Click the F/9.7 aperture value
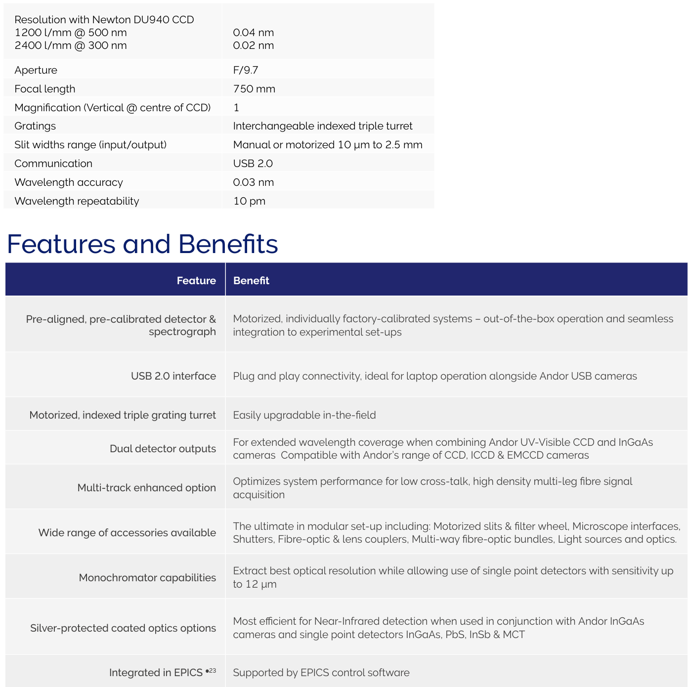(x=246, y=70)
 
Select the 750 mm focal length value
(x=254, y=89)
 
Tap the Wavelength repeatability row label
(x=77, y=201)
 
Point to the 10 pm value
(x=249, y=201)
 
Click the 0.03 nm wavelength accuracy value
(x=253, y=182)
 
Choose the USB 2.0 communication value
(x=253, y=164)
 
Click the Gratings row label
(x=35, y=126)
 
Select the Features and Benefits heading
(x=142, y=244)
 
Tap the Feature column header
(x=196, y=281)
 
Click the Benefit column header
(x=251, y=281)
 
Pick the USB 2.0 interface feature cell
(x=173, y=376)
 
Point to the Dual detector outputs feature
(x=163, y=449)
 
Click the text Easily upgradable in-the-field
(x=304, y=415)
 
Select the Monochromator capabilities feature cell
(x=147, y=578)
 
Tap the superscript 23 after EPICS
(x=213, y=671)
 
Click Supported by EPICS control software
(x=321, y=673)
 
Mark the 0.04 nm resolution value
(x=253, y=33)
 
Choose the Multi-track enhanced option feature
(x=146, y=488)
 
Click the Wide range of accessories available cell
(x=127, y=533)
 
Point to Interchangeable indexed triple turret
(x=322, y=126)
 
